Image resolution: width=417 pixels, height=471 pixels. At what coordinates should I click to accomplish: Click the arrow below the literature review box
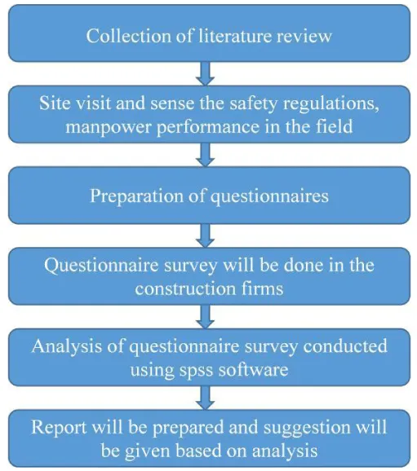pyautogui.click(x=205, y=73)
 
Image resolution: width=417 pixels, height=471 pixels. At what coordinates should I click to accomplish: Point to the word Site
pyautogui.click(x=54, y=103)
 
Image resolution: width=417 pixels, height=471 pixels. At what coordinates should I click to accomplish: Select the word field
pyautogui.click(x=334, y=126)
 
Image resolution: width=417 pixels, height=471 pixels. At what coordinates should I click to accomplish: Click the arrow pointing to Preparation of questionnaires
pyautogui.click(x=205, y=155)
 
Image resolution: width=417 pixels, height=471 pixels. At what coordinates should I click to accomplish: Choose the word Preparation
pyautogui.click(x=137, y=196)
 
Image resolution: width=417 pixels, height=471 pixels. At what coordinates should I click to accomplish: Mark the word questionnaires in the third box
pyautogui.click(x=269, y=197)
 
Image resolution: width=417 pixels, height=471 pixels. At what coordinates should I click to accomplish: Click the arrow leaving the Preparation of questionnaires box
pyautogui.click(x=205, y=236)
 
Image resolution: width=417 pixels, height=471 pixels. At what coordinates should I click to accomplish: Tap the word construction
pyautogui.click(x=185, y=289)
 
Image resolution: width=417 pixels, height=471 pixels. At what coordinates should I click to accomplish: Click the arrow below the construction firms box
pyautogui.click(x=205, y=317)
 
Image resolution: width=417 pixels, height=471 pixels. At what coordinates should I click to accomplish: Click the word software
pyautogui.click(x=253, y=369)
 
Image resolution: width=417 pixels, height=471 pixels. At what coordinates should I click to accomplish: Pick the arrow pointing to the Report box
pyautogui.click(x=205, y=398)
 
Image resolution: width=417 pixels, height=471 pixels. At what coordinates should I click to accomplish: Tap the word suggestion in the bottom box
pyautogui.click(x=307, y=428)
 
